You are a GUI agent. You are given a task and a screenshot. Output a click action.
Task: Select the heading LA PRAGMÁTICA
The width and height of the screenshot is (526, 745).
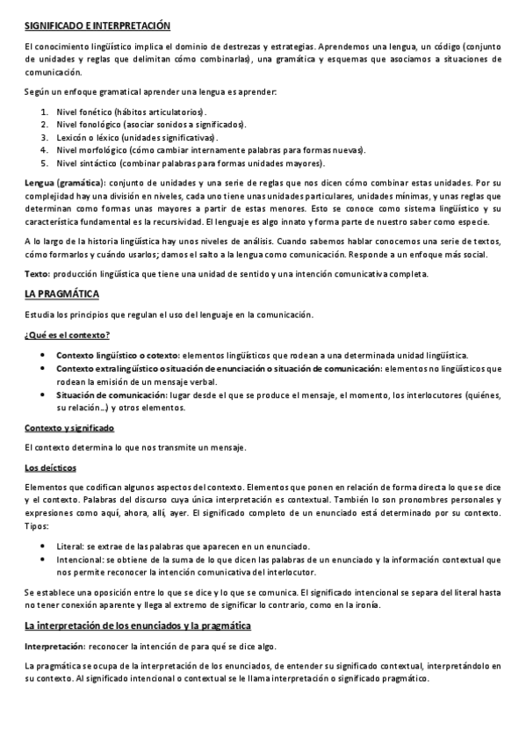point(61,293)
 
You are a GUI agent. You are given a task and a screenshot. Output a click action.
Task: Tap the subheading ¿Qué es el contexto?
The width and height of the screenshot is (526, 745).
point(67,335)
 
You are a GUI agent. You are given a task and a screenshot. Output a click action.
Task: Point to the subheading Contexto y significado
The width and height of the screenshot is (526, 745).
point(70,428)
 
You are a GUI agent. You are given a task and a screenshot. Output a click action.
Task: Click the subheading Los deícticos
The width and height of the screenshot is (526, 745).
point(51,467)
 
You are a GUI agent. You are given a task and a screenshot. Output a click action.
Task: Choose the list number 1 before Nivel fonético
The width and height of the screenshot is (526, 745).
point(45,112)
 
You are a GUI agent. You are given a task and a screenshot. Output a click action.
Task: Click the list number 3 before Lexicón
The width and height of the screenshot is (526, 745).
point(45,138)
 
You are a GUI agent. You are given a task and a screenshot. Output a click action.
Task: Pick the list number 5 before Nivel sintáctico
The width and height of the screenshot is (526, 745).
point(45,163)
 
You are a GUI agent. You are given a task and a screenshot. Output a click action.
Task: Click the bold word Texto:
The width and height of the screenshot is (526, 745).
point(37,274)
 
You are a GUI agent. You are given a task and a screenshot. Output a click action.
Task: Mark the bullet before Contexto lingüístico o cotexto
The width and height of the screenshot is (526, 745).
point(43,354)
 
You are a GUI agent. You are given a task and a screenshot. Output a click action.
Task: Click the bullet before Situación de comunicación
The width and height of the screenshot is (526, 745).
point(43,396)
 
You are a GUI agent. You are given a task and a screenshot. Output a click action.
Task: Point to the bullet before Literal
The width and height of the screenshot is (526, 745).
point(43,546)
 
